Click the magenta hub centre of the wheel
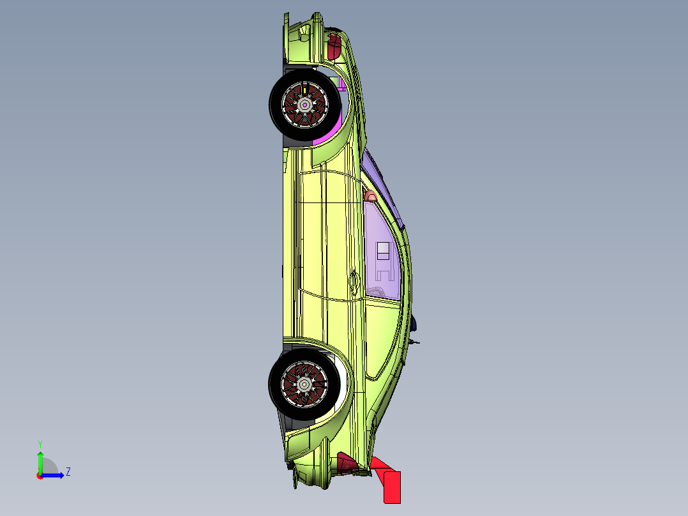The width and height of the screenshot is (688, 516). tap(305, 104)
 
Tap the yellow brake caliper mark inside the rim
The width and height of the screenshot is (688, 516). tap(305, 90)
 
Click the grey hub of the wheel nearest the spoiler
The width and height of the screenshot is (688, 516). tap(304, 384)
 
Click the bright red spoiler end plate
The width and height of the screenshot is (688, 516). tap(391, 486)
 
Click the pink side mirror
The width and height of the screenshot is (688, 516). tap(370, 196)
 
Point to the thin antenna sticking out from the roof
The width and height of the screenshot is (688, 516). tap(416, 343)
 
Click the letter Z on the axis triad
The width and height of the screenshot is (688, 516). tap(68, 472)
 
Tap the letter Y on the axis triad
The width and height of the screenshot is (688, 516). tap(40, 443)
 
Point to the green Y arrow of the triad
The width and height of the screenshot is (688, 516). tap(40, 461)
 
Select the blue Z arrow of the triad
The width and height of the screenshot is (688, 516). tap(55, 475)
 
